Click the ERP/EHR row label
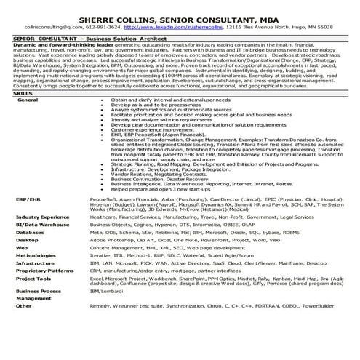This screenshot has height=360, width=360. click(x=28, y=198)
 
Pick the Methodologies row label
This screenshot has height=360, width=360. click(x=36, y=256)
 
